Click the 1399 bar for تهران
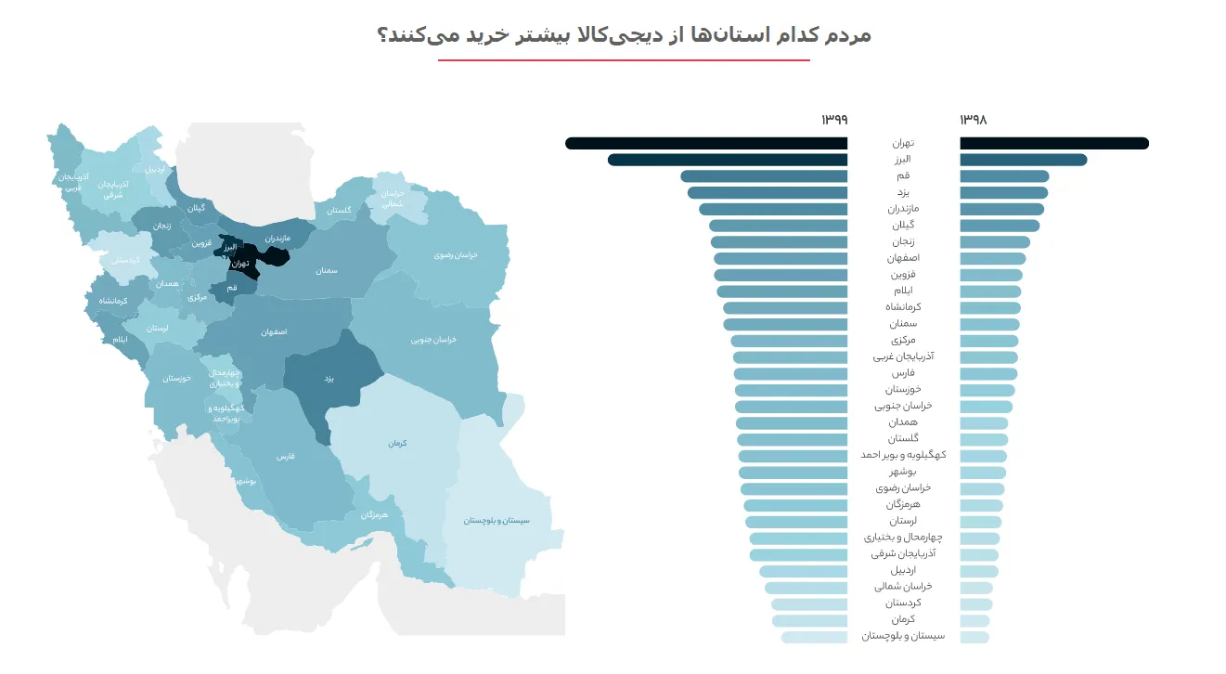(705, 143)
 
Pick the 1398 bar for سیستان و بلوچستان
(974, 637)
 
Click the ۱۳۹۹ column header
(833, 120)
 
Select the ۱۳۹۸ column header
(974, 120)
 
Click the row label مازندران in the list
(903, 209)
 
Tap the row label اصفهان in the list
(903, 258)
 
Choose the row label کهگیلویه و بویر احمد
(903, 455)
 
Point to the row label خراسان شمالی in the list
(903, 587)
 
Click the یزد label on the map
(329, 379)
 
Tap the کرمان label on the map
(398, 444)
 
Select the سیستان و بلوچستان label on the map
(497, 521)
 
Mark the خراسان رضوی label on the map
(456, 254)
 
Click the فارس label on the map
(285, 458)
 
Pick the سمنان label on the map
(325, 270)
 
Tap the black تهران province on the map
(243, 264)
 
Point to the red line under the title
(624, 60)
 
